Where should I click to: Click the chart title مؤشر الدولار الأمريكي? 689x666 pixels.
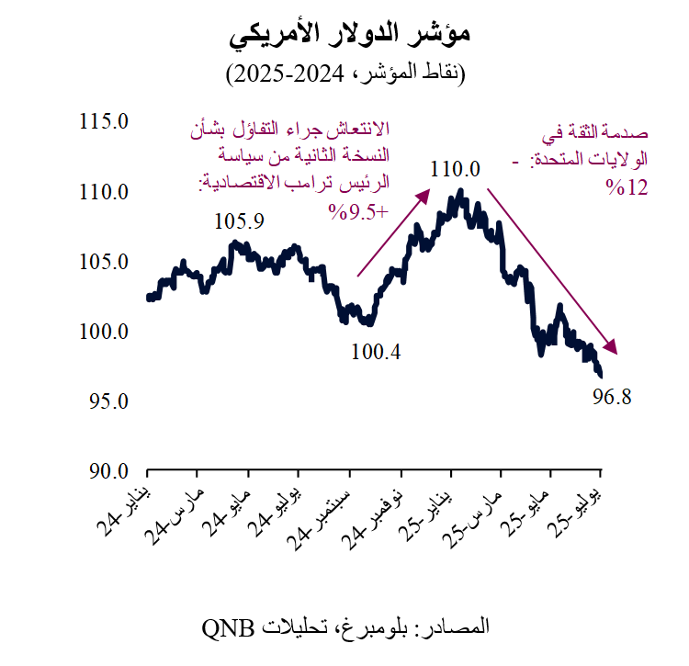(348, 34)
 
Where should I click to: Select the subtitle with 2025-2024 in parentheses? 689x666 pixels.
(347, 73)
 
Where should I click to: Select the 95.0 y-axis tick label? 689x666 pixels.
(103, 401)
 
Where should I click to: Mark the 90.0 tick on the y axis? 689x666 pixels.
(103, 471)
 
